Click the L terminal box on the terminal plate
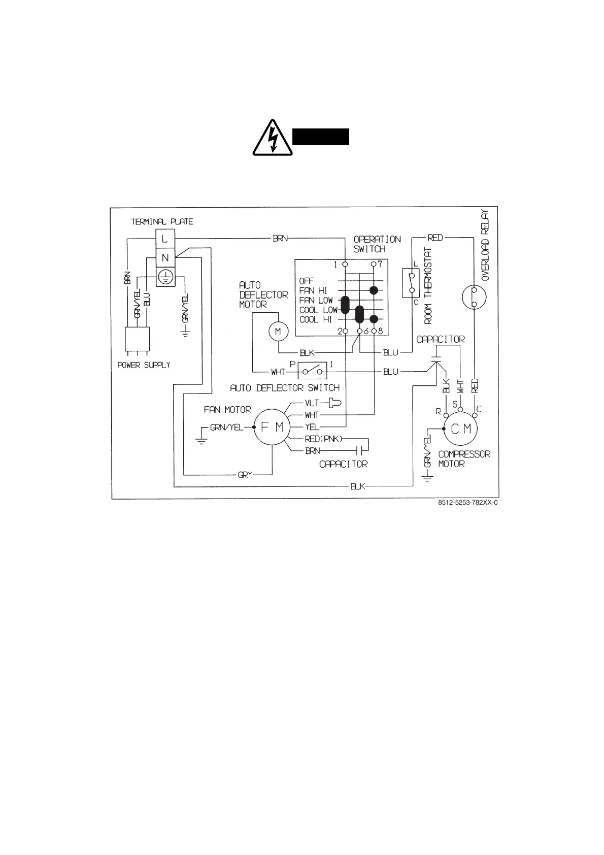(x=165, y=238)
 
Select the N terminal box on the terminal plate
(x=165, y=257)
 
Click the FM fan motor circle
(x=272, y=427)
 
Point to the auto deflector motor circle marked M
(x=278, y=331)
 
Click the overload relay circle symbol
(x=474, y=297)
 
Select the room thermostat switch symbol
(x=411, y=283)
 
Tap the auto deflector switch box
(x=312, y=371)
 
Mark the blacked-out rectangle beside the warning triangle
(x=321, y=137)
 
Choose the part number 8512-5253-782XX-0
(x=467, y=504)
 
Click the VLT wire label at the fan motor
(x=312, y=403)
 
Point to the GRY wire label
(x=245, y=475)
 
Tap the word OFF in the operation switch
(x=307, y=281)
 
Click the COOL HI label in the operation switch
(x=316, y=319)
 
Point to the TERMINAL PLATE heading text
(x=162, y=222)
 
